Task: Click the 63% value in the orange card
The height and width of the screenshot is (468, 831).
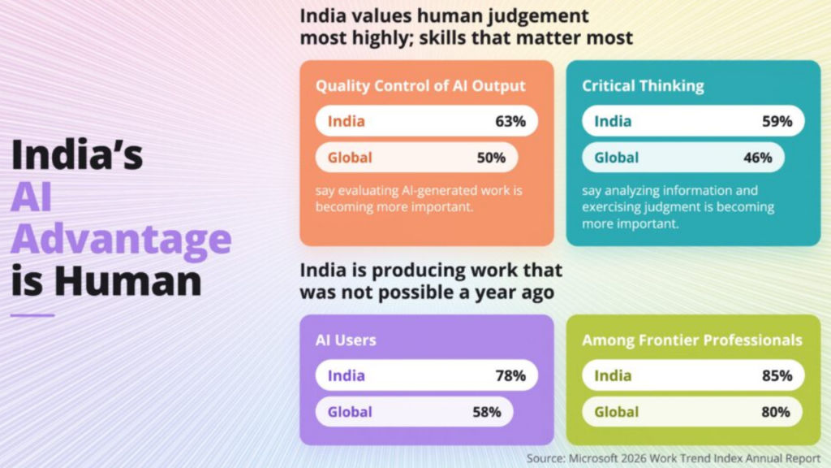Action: point(510,121)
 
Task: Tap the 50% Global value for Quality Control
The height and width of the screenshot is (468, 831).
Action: point(491,158)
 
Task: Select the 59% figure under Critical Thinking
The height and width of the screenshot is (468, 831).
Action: point(777,121)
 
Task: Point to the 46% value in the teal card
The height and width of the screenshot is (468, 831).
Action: point(757,158)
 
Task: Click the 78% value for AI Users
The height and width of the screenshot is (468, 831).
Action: point(510,375)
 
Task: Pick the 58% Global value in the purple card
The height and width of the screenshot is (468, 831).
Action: point(487,412)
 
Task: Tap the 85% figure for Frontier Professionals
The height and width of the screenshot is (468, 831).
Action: point(777,375)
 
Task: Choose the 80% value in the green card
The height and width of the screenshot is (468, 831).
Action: point(775,412)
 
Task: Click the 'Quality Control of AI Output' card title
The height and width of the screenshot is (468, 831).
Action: point(420,86)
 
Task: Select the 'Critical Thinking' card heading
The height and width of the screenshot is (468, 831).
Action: point(643,86)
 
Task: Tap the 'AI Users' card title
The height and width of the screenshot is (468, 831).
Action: point(346,340)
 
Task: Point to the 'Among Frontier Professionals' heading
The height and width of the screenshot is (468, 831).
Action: point(692,340)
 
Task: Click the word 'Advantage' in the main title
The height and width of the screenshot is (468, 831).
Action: point(122,240)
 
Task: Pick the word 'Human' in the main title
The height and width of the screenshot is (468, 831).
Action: point(127,280)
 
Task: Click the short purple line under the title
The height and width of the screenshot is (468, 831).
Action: point(32,315)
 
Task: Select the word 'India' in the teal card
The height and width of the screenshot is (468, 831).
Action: point(613,121)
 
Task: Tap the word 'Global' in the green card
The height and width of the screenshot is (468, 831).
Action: point(617,412)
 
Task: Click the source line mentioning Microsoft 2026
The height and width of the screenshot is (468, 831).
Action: point(673,458)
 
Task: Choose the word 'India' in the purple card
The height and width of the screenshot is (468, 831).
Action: point(346,375)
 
